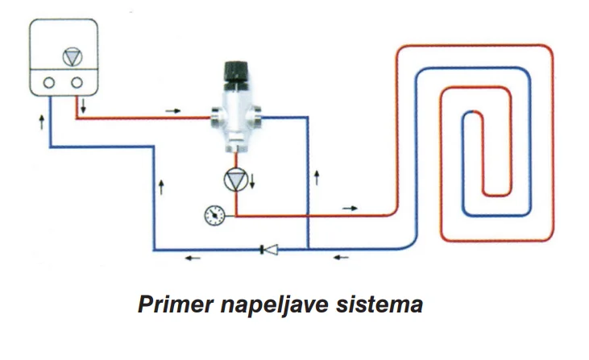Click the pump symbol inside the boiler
pyautogui.click(x=73, y=57)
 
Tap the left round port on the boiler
pyautogui.click(x=49, y=82)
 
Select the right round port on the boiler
pyautogui.click(x=77, y=82)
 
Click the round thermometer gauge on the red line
pyautogui.click(x=214, y=215)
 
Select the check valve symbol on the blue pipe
pyautogui.click(x=268, y=249)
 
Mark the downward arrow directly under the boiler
pyautogui.click(x=83, y=106)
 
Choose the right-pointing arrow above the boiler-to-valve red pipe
pyautogui.click(x=172, y=109)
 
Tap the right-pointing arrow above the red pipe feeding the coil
pyautogui.click(x=349, y=208)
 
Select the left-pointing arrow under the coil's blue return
pyautogui.click(x=342, y=259)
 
